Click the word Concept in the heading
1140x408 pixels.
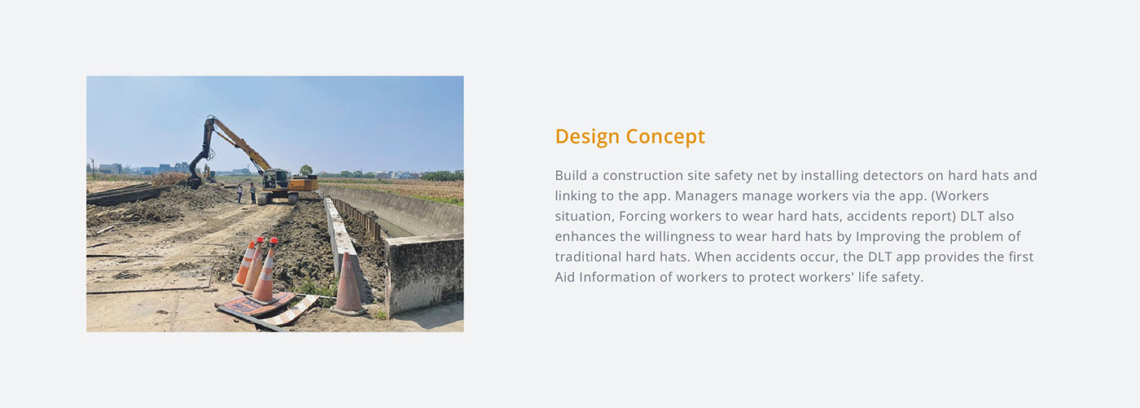[x=667, y=137]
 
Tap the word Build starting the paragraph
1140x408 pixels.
[x=570, y=176]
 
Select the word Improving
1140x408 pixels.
[x=890, y=237]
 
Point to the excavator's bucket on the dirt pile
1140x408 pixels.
[x=194, y=180]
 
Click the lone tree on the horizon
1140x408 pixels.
[x=306, y=170]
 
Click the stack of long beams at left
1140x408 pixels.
[x=122, y=194]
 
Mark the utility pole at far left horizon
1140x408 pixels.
[x=92, y=166]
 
